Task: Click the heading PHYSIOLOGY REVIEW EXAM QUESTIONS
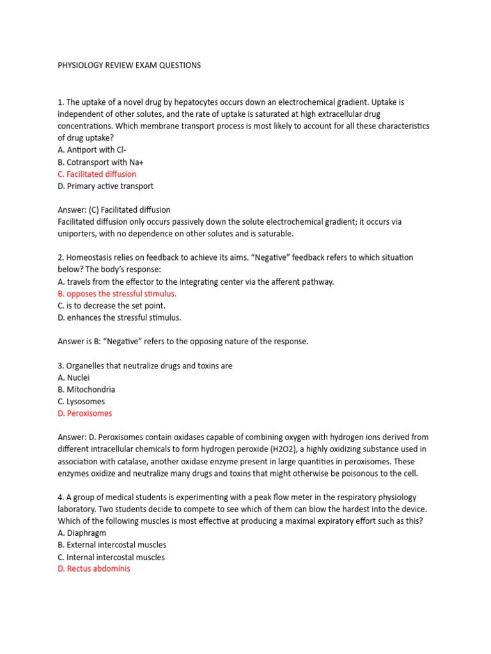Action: [x=129, y=65]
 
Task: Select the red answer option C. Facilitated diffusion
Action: [x=97, y=174]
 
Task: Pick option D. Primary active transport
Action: [x=105, y=186]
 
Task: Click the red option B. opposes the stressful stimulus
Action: [x=117, y=294]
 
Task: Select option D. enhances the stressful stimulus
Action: [x=120, y=317]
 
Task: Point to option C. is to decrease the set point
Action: [x=111, y=305]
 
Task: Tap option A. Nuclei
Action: [x=74, y=377]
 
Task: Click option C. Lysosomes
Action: [x=81, y=402]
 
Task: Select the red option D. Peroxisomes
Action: [x=84, y=413]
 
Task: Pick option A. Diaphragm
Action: [x=82, y=533]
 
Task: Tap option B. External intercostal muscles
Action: [x=112, y=545]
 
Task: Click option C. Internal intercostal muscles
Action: [x=111, y=557]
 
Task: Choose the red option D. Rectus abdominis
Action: [x=94, y=568]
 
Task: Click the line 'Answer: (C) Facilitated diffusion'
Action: [x=114, y=209]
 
